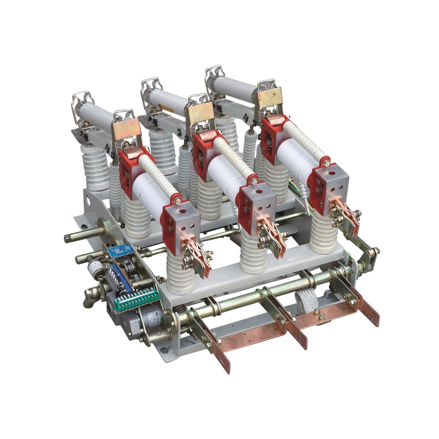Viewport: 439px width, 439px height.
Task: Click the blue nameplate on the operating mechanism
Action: click(119, 251)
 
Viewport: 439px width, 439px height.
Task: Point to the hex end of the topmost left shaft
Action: click(67, 238)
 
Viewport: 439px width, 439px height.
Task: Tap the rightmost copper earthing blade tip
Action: click(372, 318)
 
